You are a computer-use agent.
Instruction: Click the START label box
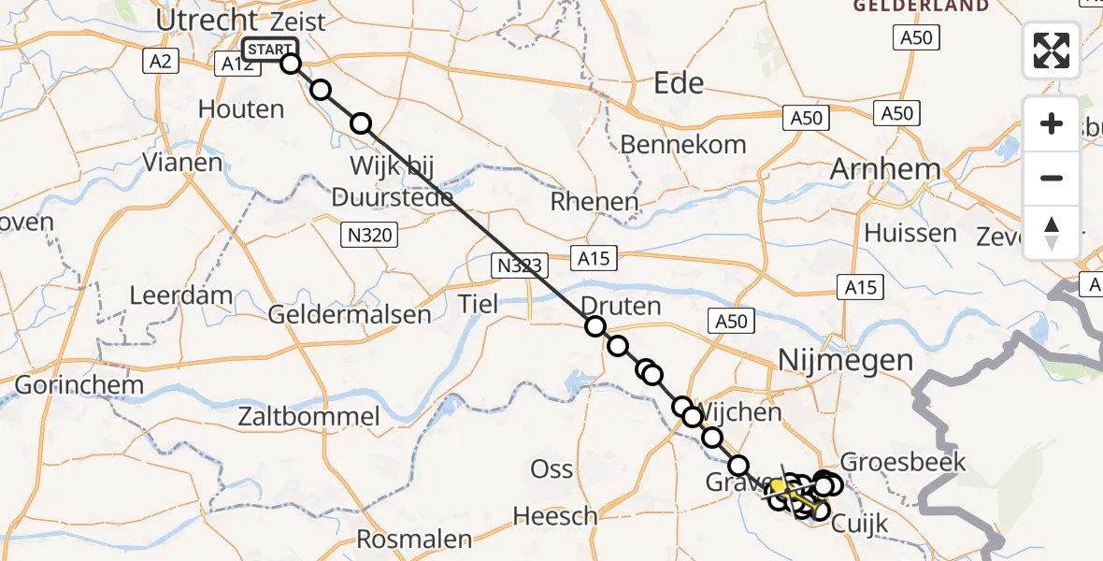(x=270, y=50)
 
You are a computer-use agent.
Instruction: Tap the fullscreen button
(x=1052, y=50)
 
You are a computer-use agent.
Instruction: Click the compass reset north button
(x=1052, y=233)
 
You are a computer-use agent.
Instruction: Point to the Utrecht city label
(x=207, y=20)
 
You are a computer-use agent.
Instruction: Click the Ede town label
(x=679, y=83)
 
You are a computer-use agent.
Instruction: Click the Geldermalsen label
(x=350, y=314)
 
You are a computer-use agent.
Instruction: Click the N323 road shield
(x=518, y=266)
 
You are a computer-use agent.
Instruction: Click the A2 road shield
(x=156, y=62)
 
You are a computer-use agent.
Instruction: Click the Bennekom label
(x=683, y=144)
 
